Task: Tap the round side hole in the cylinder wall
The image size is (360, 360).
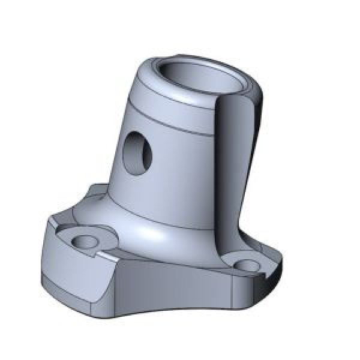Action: coord(137,155)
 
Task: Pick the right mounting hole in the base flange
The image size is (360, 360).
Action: coord(245,264)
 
